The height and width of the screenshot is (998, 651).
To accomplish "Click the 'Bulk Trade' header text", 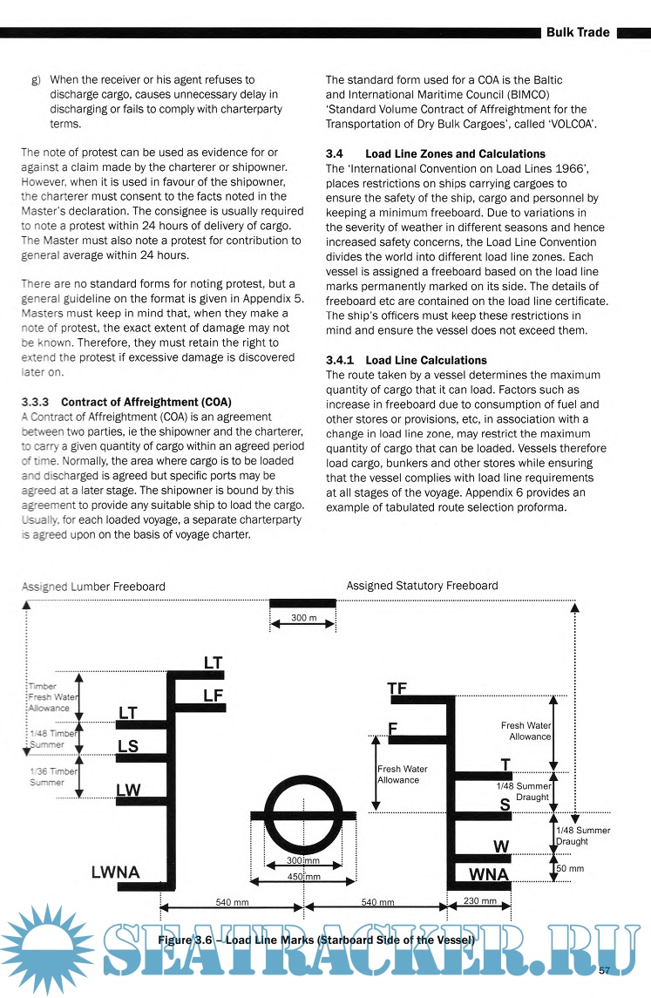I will pyautogui.click(x=578, y=32).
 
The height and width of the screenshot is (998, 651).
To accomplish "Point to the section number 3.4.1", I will pyautogui.click(x=341, y=360).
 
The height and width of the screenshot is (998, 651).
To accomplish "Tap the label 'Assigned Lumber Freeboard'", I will pyautogui.click(x=93, y=587).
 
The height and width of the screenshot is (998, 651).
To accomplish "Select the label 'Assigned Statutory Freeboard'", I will pyautogui.click(x=422, y=586).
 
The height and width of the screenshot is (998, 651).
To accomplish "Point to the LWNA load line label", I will pyautogui.click(x=115, y=872).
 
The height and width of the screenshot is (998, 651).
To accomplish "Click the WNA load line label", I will pyautogui.click(x=489, y=873).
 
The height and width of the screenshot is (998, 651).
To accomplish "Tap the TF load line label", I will pyautogui.click(x=397, y=689).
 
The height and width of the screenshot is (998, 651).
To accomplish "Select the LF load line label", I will pyautogui.click(x=214, y=695).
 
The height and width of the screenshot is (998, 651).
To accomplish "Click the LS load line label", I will pyautogui.click(x=128, y=746).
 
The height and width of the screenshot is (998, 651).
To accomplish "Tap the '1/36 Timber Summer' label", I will pyautogui.click(x=53, y=777).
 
